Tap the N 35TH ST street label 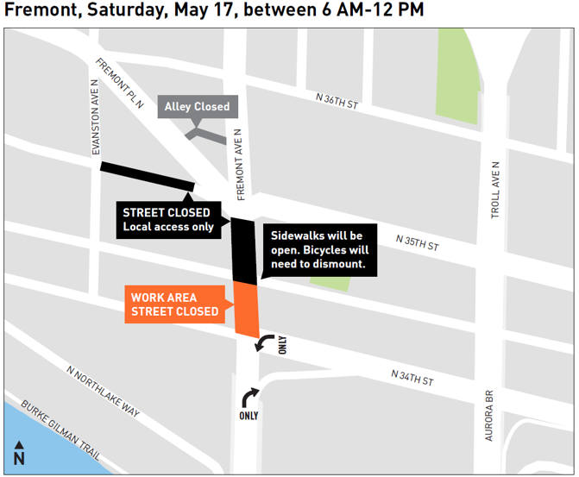[417, 242]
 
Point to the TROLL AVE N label [496, 189]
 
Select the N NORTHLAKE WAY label [103, 393]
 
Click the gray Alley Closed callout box [197, 107]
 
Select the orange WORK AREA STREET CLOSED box [174, 304]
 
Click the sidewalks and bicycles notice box [319, 250]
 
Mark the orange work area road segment [246, 309]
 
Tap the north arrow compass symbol [19, 454]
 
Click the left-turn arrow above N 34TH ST [264, 343]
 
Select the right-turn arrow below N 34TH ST [249, 398]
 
